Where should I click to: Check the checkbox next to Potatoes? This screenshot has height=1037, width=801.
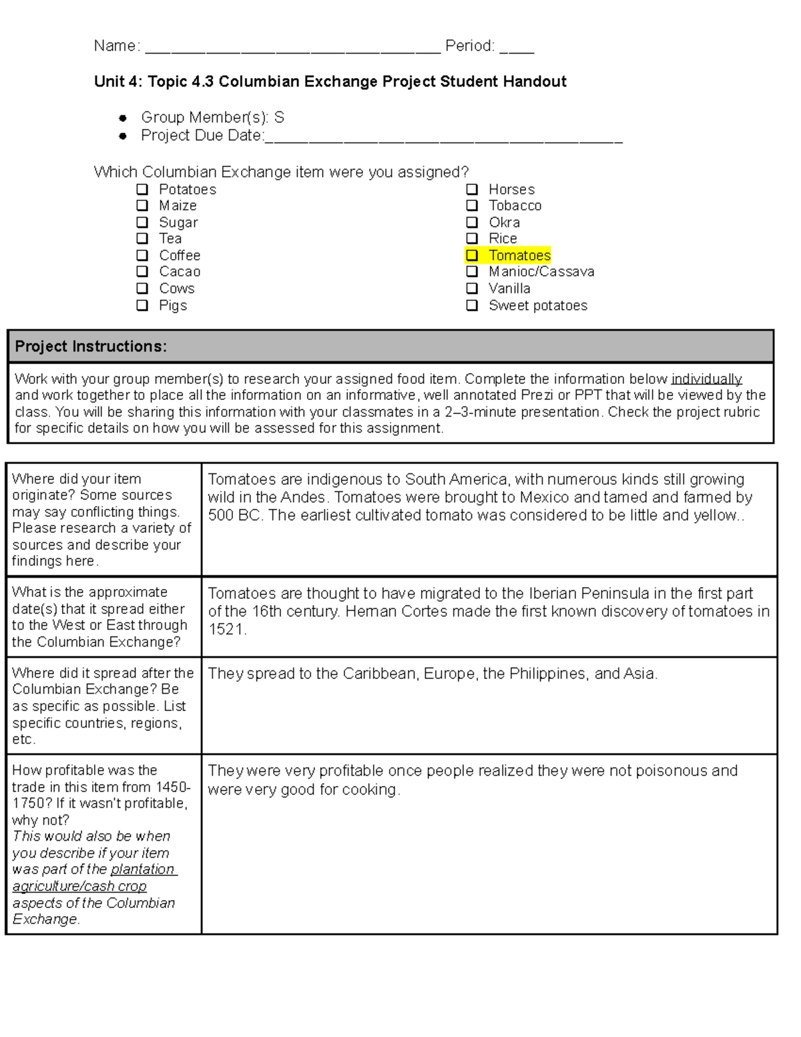coord(142,190)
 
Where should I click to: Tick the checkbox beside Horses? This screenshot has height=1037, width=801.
coord(472,190)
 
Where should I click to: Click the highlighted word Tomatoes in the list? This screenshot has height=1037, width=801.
coord(519,255)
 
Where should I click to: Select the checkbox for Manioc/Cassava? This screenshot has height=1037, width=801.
coord(472,272)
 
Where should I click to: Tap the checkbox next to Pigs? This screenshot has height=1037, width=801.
coord(142,305)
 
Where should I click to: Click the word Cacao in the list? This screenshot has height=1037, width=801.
coord(180,272)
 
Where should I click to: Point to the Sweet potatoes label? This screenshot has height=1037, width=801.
coord(538,305)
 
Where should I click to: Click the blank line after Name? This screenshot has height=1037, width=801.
coord(292,47)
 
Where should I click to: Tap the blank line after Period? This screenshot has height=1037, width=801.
coord(517,47)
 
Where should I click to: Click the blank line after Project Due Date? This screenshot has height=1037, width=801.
coord(443,136)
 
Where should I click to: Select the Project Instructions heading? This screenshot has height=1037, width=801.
coord(91,347)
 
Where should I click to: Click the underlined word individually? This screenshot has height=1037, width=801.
coord(706,379)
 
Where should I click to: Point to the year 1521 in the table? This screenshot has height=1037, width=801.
coord(226,630)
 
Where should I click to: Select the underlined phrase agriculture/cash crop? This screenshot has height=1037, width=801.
coord(79,886)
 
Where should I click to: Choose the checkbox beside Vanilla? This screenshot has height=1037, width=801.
coord(472,288)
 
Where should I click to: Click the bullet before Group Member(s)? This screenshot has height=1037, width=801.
coord(122,118)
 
